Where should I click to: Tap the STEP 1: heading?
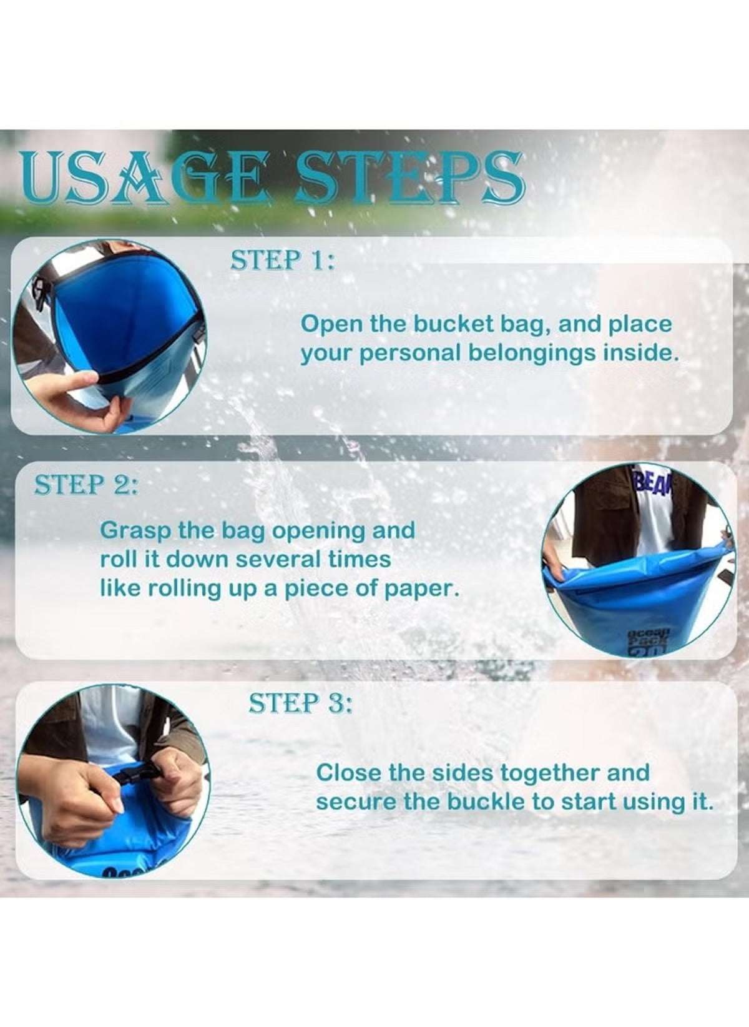(282, 261)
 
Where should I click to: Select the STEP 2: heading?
(86, 485)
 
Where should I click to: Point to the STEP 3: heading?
(300, 703)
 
